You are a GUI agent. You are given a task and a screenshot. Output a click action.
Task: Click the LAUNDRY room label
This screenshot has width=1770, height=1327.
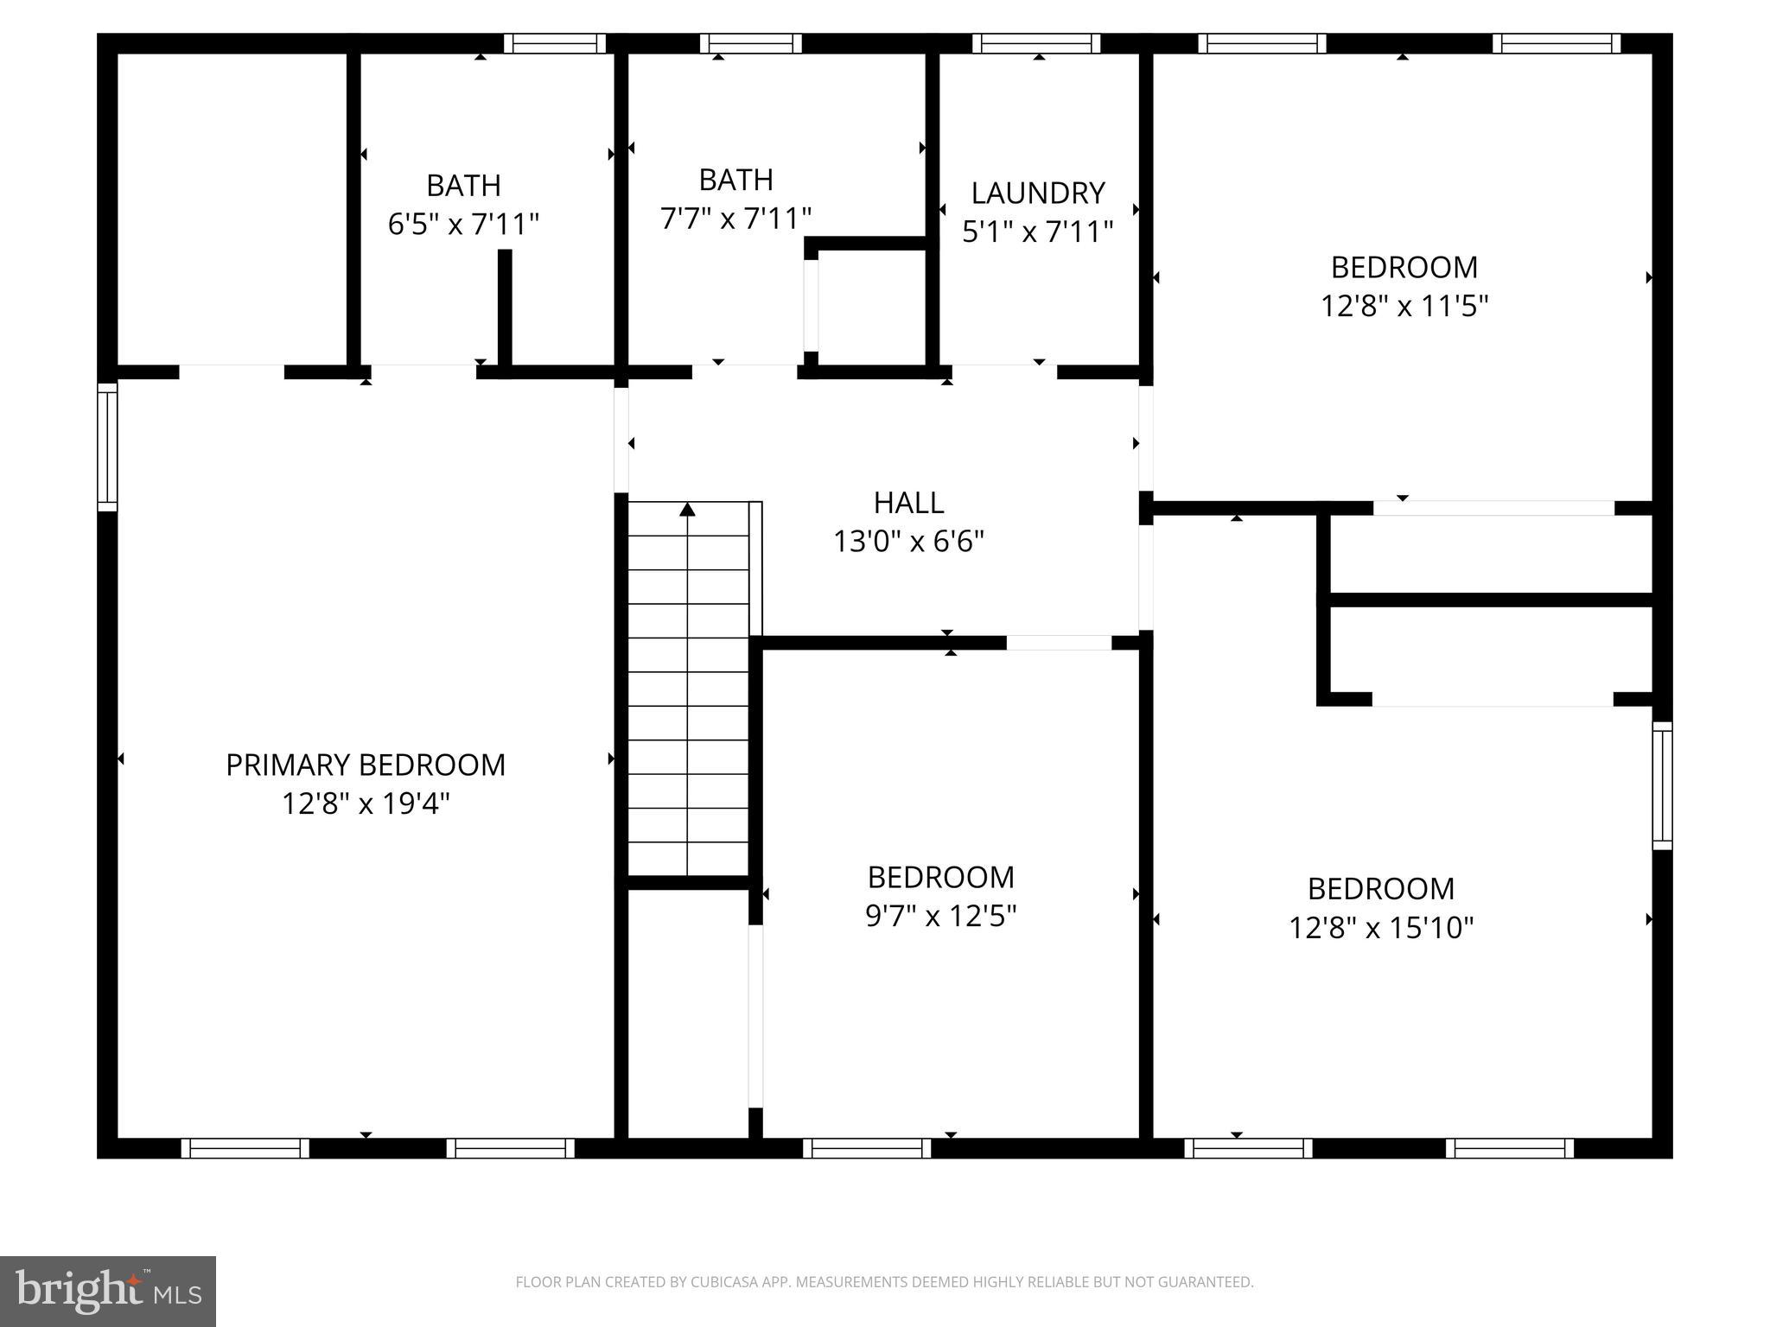pyautogui.click(x=1037, y=192)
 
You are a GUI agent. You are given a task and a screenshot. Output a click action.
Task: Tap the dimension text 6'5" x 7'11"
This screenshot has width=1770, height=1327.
pyautogui.click(x=463, y=225)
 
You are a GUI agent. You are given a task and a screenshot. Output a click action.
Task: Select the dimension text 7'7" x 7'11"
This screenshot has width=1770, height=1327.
pyautogui.click(x=735, y=219)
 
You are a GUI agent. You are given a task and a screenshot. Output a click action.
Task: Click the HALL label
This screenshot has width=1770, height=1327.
pyautogui.click(x=908, y=502)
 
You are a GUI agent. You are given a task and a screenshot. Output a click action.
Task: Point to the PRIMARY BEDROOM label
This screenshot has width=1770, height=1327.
pyautogui.click(x=366, y=765)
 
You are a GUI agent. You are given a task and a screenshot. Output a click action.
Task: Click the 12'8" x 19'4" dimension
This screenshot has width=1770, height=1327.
pyautogui.click(x=366, y=804)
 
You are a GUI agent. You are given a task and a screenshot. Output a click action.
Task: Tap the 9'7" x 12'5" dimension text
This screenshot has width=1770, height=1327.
pyautogui.click(x=940, y=916)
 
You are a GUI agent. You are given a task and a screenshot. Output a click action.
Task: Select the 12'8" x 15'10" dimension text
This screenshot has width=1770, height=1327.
pyautogui.click(x=1380, y=928)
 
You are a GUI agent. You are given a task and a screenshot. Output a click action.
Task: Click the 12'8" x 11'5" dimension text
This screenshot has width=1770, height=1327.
pyautogui.click(x=1404, y=306)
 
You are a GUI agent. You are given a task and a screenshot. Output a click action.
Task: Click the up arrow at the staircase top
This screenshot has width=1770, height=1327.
pyautogui.click(x=687, y=510)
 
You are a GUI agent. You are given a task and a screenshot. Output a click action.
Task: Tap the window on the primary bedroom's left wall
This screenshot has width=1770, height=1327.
pyautogui.click(x=107, y=447)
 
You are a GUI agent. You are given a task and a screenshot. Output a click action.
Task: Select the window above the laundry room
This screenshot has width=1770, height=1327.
pyautogui.click(x=1035, y=43)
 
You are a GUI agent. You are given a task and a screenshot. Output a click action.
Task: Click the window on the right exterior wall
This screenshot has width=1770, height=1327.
pyautogui.click(x=1662, y=785)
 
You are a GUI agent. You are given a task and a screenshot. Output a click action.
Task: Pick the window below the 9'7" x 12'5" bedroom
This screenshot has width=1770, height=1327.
pyautogui.click(x=867, y=1148)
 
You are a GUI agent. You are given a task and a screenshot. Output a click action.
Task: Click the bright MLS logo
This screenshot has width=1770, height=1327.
pyautogui.click(x=108, y=1291)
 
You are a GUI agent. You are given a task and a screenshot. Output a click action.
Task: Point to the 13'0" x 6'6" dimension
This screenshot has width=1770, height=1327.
pyautogui.click(x=908, y=542)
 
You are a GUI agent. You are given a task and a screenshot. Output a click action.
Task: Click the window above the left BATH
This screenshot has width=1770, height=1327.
pyautogui.click(x=555, y=43)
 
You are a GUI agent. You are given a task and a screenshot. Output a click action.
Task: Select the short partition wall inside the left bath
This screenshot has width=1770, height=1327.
pyautogui.click(x=505, y=311)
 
